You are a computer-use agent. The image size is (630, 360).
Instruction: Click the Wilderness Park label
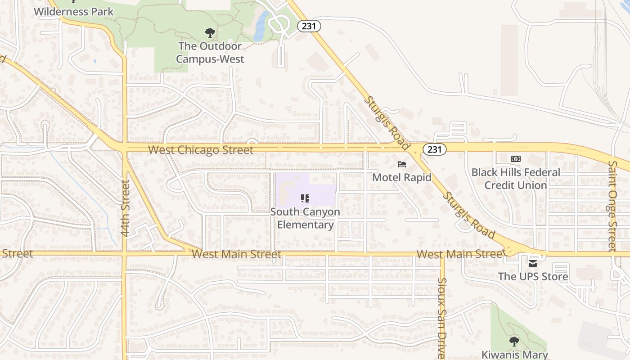[74, 11]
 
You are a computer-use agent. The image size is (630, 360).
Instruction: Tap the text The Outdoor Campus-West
[210, 53]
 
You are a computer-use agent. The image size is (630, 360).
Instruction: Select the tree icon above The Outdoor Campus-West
[210, 33]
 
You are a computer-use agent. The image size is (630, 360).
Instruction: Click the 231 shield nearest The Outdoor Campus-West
[309, 26]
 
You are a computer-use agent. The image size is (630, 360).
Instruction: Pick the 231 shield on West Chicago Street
[434, 149]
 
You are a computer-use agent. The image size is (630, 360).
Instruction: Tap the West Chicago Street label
[201, 150]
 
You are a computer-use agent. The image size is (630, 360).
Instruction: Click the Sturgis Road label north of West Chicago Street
[387, 122]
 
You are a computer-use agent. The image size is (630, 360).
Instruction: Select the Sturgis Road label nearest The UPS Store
[468, 216]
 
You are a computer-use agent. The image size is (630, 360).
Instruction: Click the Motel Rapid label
[402, 177]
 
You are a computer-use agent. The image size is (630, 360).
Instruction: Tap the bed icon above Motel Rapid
[402, 164]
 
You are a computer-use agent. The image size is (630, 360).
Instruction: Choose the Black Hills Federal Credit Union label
[516, 179]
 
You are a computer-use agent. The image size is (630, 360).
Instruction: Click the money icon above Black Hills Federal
[516, 159]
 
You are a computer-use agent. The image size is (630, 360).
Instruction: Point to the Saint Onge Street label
[612, 206]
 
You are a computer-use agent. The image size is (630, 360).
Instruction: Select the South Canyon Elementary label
[306, 218]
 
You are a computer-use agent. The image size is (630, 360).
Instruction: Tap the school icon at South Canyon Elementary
[305, 198]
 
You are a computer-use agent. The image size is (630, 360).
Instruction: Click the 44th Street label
[126, 208]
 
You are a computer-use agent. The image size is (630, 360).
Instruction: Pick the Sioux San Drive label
[442, 318]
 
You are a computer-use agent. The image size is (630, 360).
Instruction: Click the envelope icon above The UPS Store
[533, 263]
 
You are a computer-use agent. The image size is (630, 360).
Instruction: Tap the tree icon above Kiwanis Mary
[514, 342]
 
